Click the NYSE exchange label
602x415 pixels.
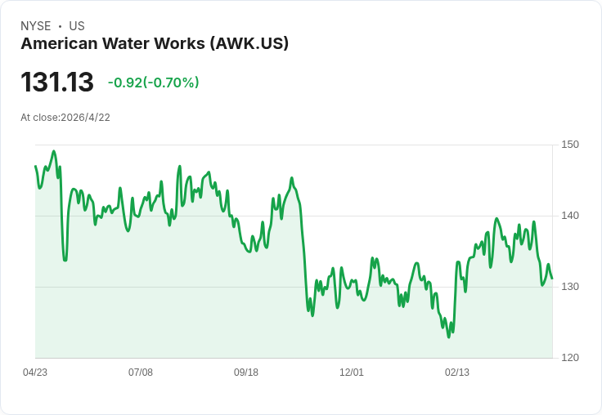(36, 26)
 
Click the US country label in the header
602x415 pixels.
(77, 26)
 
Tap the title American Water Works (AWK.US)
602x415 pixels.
(155, 44)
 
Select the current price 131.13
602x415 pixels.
(57, 83)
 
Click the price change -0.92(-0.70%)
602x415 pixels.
(154, 83)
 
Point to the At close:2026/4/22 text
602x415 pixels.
(65, 118)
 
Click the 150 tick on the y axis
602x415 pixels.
(570, 145)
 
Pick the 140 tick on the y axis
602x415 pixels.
(570, 216)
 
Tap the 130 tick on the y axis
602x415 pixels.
(570, 287)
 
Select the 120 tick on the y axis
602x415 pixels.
(570, 358)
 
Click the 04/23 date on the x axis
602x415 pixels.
(35, 373)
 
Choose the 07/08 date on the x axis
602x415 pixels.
(141, 373)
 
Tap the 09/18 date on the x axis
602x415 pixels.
(246, 373)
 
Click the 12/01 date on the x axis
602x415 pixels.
(352, 373)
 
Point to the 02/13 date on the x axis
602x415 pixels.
(457, 373)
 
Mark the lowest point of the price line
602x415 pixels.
(449, 337)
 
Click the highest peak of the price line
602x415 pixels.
(54, 151)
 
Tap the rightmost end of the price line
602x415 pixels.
(552, 279)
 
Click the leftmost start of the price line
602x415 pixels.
(35, 166)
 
